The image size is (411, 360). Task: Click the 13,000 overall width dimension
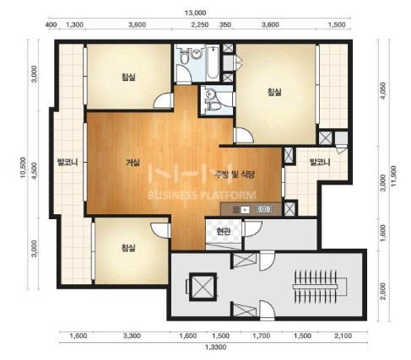click(195, 13)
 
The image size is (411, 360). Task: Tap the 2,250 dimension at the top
click(200, 24)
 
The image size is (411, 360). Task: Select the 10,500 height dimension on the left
click(23, 168)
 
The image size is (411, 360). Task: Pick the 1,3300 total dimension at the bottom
click(215, 347)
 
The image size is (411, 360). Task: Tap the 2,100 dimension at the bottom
click(343, 336)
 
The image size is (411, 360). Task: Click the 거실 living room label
click(132, 163)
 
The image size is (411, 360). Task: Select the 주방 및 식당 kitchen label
click(235, 175)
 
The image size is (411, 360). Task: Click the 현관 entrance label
click(224, 232)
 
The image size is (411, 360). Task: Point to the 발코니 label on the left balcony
click(68, 162)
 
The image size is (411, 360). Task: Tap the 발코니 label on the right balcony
click(320, 162)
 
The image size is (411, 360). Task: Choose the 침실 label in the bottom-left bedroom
click(128, 248)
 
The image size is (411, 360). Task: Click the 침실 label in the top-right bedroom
click(274, 92)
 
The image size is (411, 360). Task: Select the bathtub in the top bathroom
click(213, 63)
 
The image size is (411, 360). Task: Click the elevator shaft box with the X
click(203, 287)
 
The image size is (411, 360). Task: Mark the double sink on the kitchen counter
click(263, 209)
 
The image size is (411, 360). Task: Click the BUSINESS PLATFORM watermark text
click(202, 195)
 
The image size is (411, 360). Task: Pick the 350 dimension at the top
click(225, 24)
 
